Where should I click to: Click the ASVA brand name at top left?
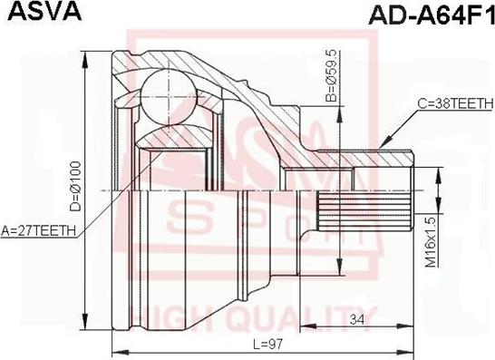click(x=44, y=11)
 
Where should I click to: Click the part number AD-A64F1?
click(x=432, y=14)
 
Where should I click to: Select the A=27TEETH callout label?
click(x=38, y=230)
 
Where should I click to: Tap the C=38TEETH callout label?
click(x=455, y=103)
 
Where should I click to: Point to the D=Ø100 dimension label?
click(x=76, y=187)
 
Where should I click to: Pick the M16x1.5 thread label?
click(x=431, y=241)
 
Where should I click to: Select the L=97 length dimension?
click(x=268, y=343)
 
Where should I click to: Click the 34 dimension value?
click(x=356, y=320)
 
